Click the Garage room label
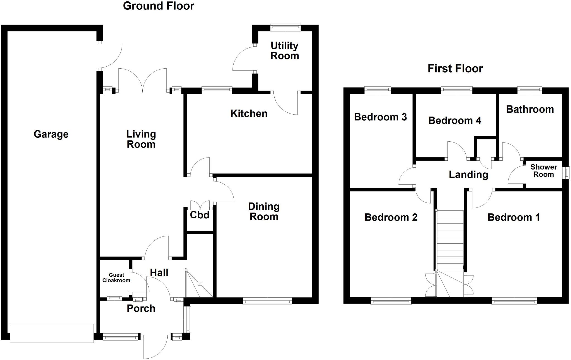tap(51, 134)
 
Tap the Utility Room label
tap(285, 51)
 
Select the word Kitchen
tap(249, 113)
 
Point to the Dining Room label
tap(264, 212)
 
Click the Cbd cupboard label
tap(200, 215)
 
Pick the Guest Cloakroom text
tap(116, 278)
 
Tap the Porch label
tap(141, 308)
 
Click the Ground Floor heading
tap(158, 6)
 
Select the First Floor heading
tap(455, 69)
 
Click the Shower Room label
tap(543, 171)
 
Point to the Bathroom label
tap(530, 109)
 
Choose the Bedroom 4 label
tap(454, 120)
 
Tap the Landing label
tap(468, 175)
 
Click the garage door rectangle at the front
tap(52, 333)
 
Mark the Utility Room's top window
tap(285, 27)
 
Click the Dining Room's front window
tap(267, 301)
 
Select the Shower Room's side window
tap(567, 173)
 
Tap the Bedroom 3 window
tap(378, 90)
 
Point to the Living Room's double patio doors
tap(143, 81)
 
